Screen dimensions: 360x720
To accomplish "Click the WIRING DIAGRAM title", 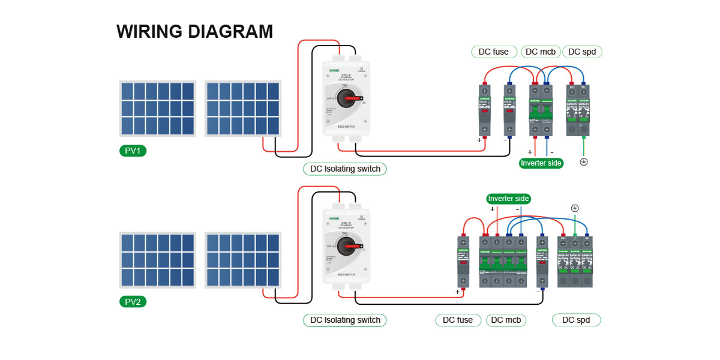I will [194, 31].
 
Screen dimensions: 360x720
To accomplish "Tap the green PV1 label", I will [133, 151].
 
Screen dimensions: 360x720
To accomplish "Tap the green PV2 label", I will [133, 302].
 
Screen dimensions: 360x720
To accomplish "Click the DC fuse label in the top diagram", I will [493, 52].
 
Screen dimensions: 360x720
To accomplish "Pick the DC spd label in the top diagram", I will [581, 52].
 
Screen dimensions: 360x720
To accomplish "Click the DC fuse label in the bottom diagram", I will [458, 320].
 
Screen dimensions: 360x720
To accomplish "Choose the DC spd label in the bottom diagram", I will [576, 320].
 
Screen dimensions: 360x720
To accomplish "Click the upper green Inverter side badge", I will [541, 163].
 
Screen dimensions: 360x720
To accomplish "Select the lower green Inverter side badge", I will [509, 199].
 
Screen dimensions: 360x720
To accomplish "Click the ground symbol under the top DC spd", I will [584, 162].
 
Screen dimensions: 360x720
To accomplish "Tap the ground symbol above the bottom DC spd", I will [575, 208].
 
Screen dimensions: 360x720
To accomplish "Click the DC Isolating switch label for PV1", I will [345, 169].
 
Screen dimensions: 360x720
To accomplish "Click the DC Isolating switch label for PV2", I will [345, 320].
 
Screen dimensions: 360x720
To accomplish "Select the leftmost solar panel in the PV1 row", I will [158, 109].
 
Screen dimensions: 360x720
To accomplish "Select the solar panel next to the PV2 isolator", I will [243, 260].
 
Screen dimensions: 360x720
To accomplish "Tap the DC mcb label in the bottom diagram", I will [506, 320].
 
